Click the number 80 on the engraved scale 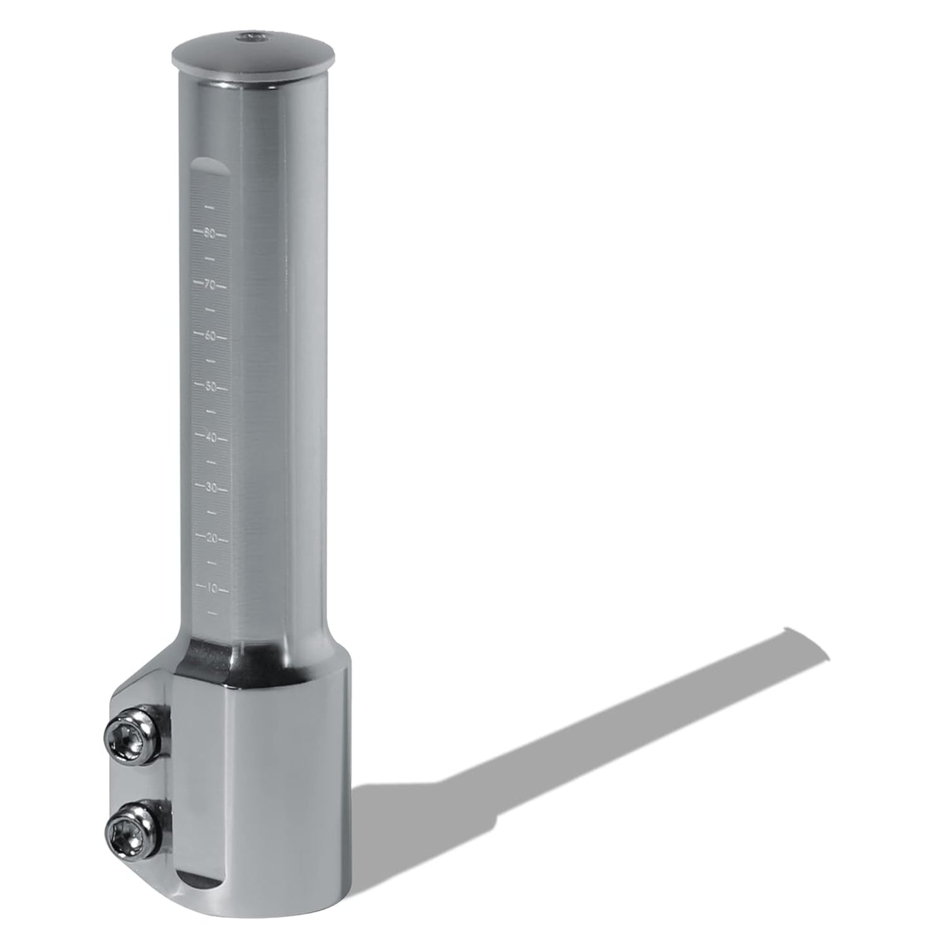(x=210, y=233)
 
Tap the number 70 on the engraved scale (x=210, y=285)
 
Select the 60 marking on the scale (x=210, y=336)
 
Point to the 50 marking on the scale (x=211, y=386)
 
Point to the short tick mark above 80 (x=210, y=207)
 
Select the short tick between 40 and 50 (x=211, y=412)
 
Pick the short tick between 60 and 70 (x=211, y=310)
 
